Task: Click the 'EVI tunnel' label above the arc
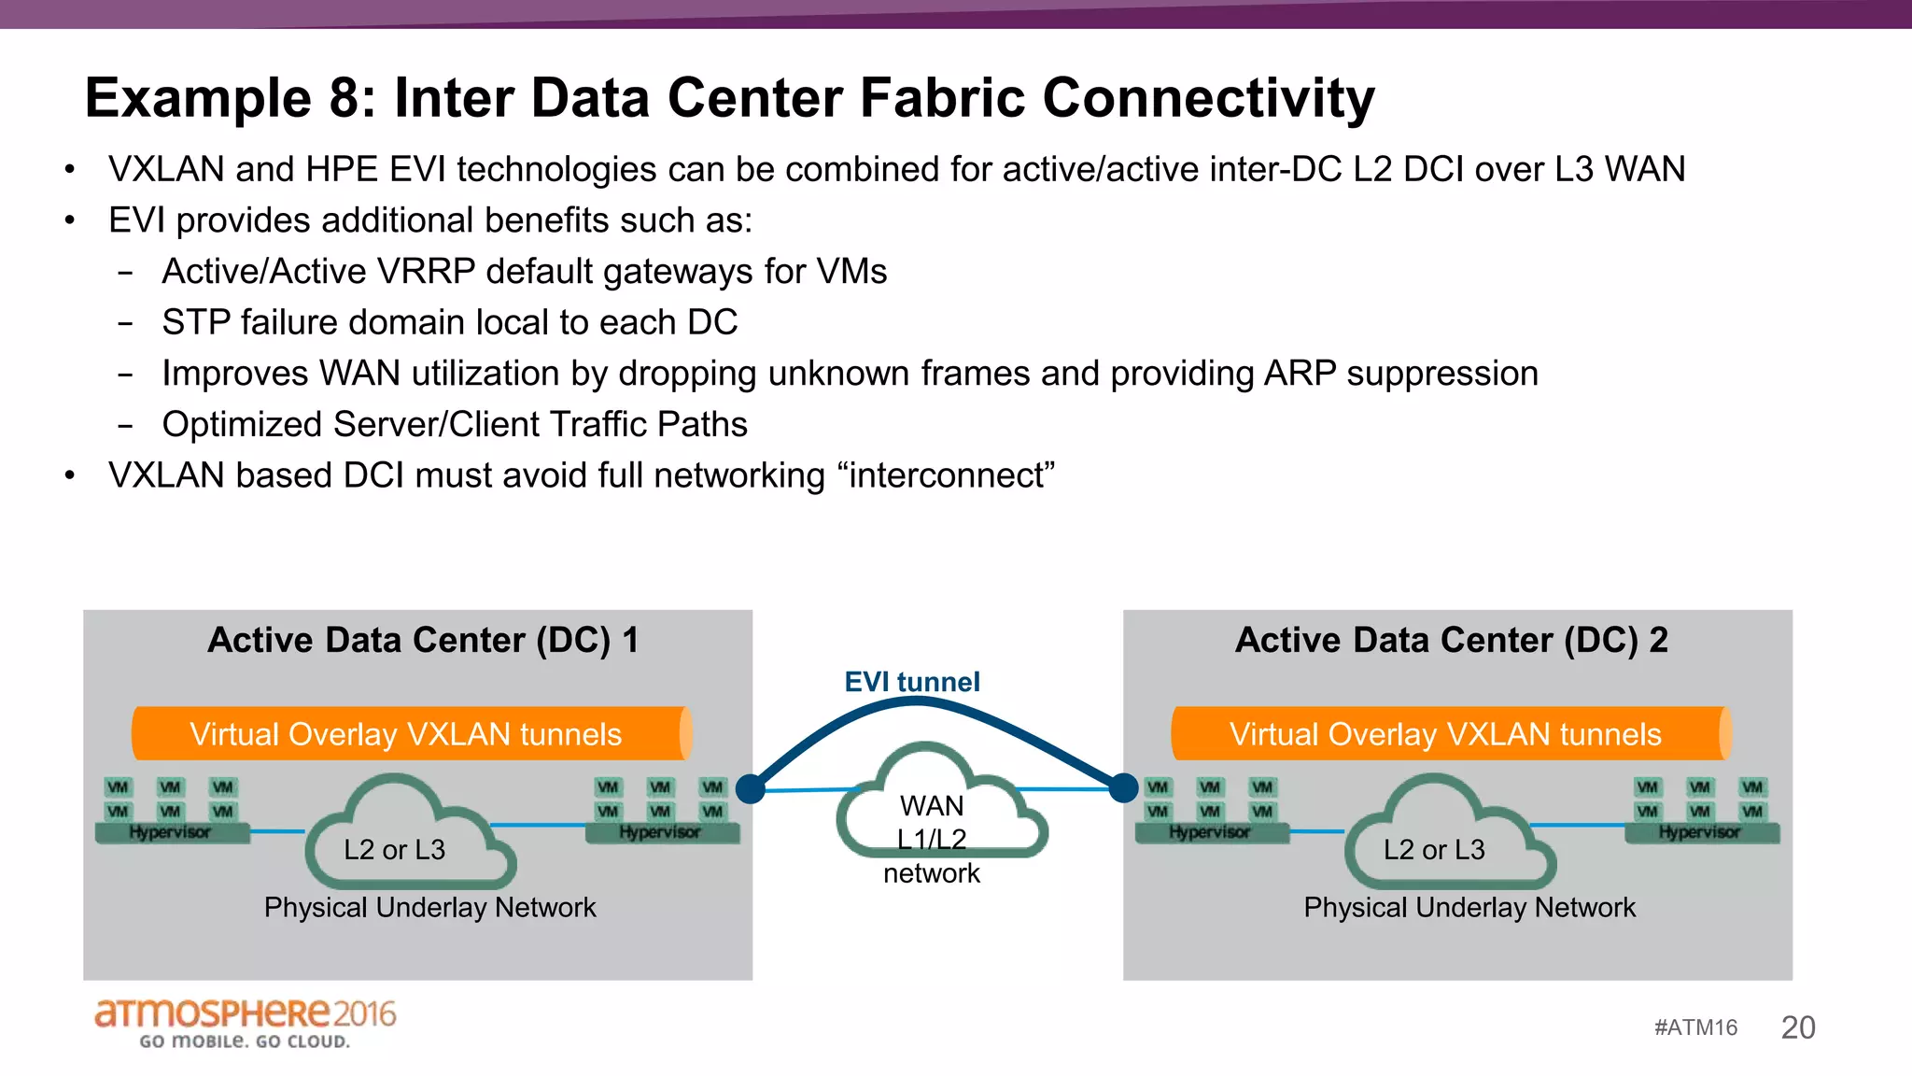pos(911,682)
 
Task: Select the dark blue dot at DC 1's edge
pos(751,789)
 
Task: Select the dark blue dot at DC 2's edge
pos(1123,788)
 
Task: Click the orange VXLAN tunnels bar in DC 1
pos(407,734)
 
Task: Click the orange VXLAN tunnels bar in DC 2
pos(1446,734)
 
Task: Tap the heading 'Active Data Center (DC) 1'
pos(423,641)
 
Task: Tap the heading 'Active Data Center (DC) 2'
pos(1451,641)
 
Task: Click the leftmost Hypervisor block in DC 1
pos(172,832)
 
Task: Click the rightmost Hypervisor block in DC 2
pos(1701,832)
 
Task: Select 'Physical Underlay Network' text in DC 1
pos(429,908)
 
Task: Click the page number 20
pos(1797,1027)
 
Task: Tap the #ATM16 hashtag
pos(1695,1028)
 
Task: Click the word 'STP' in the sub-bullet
pos(196,323)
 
